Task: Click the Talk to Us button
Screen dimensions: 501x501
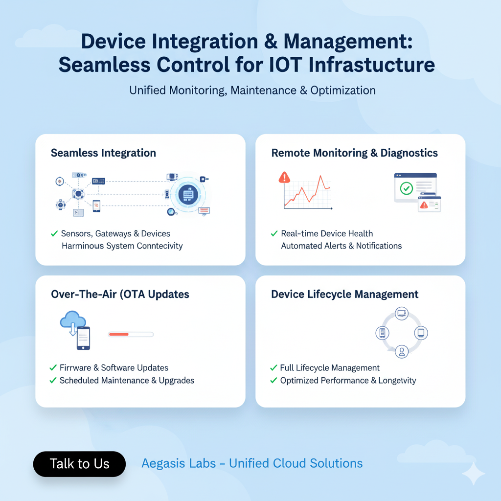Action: coord(79,464)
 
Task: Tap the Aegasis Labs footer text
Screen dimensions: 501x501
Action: coord(252,463)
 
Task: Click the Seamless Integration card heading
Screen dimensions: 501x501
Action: coord(103,153)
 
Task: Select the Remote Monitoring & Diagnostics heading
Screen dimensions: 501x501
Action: coord(354,153)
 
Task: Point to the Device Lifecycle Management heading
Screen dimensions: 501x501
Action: coord(344,295)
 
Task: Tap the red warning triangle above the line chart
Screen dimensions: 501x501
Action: coord(284,177)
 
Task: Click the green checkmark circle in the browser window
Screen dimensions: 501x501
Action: coord(406,188)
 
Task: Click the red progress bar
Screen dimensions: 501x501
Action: coord(119,335)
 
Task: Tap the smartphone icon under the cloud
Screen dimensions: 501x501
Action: coord(83,338)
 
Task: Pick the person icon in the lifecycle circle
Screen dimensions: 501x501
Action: coord(402,351)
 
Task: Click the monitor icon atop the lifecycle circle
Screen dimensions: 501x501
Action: coord(402,314)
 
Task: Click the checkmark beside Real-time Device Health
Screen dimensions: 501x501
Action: coord(274,234)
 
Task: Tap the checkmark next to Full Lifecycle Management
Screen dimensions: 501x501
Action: coord(274,368)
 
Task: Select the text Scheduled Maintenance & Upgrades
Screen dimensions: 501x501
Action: coord(127,381)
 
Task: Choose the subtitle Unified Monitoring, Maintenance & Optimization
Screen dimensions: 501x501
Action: coord(252,91)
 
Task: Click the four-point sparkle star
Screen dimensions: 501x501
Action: coord(473,473)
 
